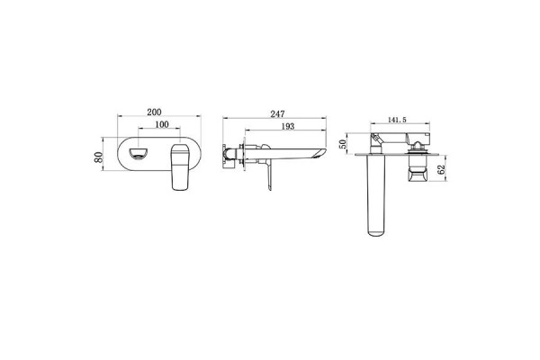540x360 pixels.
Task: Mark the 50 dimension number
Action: pyautogui.click(x=343, y=145)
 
